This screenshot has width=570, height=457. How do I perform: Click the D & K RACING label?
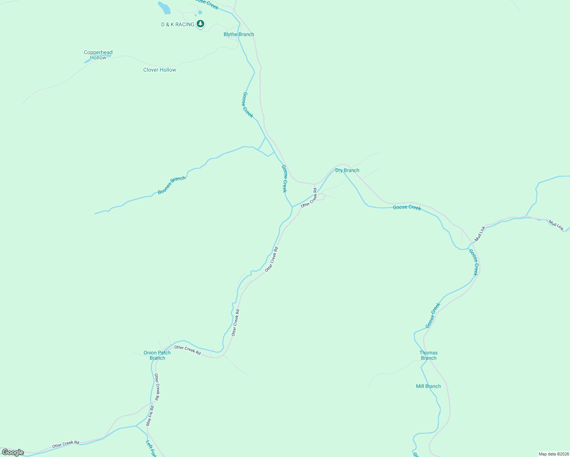click(178, 24)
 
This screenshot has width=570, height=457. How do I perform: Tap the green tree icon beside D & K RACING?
click(200, 24)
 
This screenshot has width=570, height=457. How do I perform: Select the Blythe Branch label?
click(239, 34)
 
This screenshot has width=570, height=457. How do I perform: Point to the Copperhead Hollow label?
click(98, 55)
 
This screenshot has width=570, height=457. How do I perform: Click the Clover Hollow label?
click(160, 70)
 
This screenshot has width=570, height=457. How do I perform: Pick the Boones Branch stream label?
click(171, 185)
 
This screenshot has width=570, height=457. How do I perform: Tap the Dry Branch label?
click(347, 170)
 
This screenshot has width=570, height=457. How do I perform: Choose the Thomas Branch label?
click(429, 355)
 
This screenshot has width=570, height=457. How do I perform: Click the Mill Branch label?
click(428, 386)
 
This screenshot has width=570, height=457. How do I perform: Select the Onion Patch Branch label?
click(157, 355)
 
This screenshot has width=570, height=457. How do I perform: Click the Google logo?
click(13, 452)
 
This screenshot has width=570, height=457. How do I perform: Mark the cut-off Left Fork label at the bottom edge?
click(151, 449)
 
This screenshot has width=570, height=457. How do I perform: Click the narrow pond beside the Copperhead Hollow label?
click(87, 61)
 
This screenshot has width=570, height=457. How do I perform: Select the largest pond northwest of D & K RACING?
click(164, 7)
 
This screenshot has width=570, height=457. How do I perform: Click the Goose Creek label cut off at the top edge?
click(207, 3)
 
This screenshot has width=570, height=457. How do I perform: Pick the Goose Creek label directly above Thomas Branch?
click(433, 315)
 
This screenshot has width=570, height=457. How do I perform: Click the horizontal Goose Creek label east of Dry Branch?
click(407, 207)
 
